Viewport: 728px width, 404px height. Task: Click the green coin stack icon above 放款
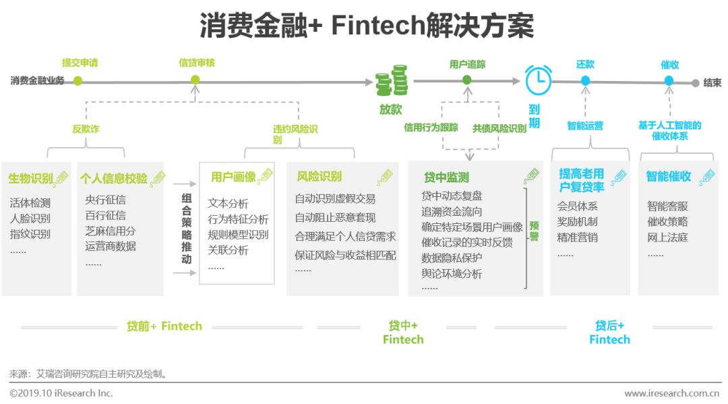392,81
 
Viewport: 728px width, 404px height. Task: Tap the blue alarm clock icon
538,80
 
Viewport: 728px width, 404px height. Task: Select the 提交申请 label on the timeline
80,63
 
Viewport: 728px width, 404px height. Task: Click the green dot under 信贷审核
195,80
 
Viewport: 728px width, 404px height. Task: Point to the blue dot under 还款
585,80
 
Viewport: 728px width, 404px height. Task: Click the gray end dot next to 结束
696,83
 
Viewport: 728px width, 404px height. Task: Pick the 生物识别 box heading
30,179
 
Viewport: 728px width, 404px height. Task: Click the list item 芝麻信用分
111,231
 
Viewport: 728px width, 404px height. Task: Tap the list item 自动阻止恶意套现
335,217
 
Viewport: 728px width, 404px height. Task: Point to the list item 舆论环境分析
452,274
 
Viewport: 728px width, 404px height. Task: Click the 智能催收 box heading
668,177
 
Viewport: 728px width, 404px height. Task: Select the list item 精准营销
577,237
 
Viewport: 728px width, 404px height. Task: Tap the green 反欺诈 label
86,129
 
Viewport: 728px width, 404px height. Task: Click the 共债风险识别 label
499,127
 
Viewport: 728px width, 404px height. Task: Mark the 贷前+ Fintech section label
164,326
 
